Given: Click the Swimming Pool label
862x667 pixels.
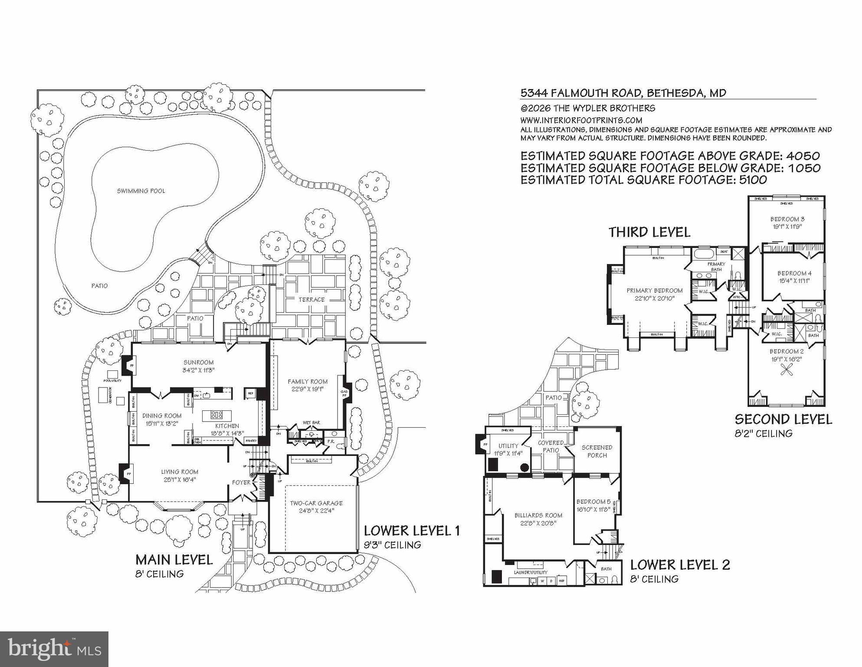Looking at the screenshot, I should pos(141,191).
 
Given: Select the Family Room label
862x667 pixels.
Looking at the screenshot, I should pos(308,382).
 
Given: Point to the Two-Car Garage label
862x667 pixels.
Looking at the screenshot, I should pos(316,503).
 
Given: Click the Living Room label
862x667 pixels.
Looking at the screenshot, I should pos(180,472).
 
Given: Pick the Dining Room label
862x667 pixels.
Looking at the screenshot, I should pos(162,416).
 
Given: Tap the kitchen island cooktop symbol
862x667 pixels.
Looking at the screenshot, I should pos(217,415).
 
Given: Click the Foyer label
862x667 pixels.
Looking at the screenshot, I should pos(241,482).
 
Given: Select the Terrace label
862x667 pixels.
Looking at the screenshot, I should pos(311,300).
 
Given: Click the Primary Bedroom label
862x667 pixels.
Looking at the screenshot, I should pos(655,291).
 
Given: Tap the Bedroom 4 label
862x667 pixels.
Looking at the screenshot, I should pos(794,273).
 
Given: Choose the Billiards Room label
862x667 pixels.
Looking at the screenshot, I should pos(538,515).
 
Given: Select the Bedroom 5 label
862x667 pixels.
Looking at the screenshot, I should pos(593,502).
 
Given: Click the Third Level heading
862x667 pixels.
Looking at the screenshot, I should pos(649,232).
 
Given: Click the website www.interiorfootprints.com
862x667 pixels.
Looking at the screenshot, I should pos(581,120).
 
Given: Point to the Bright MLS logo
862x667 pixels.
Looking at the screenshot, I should pos(54,649).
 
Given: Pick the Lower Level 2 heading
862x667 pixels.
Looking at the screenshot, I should pos(680,565).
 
